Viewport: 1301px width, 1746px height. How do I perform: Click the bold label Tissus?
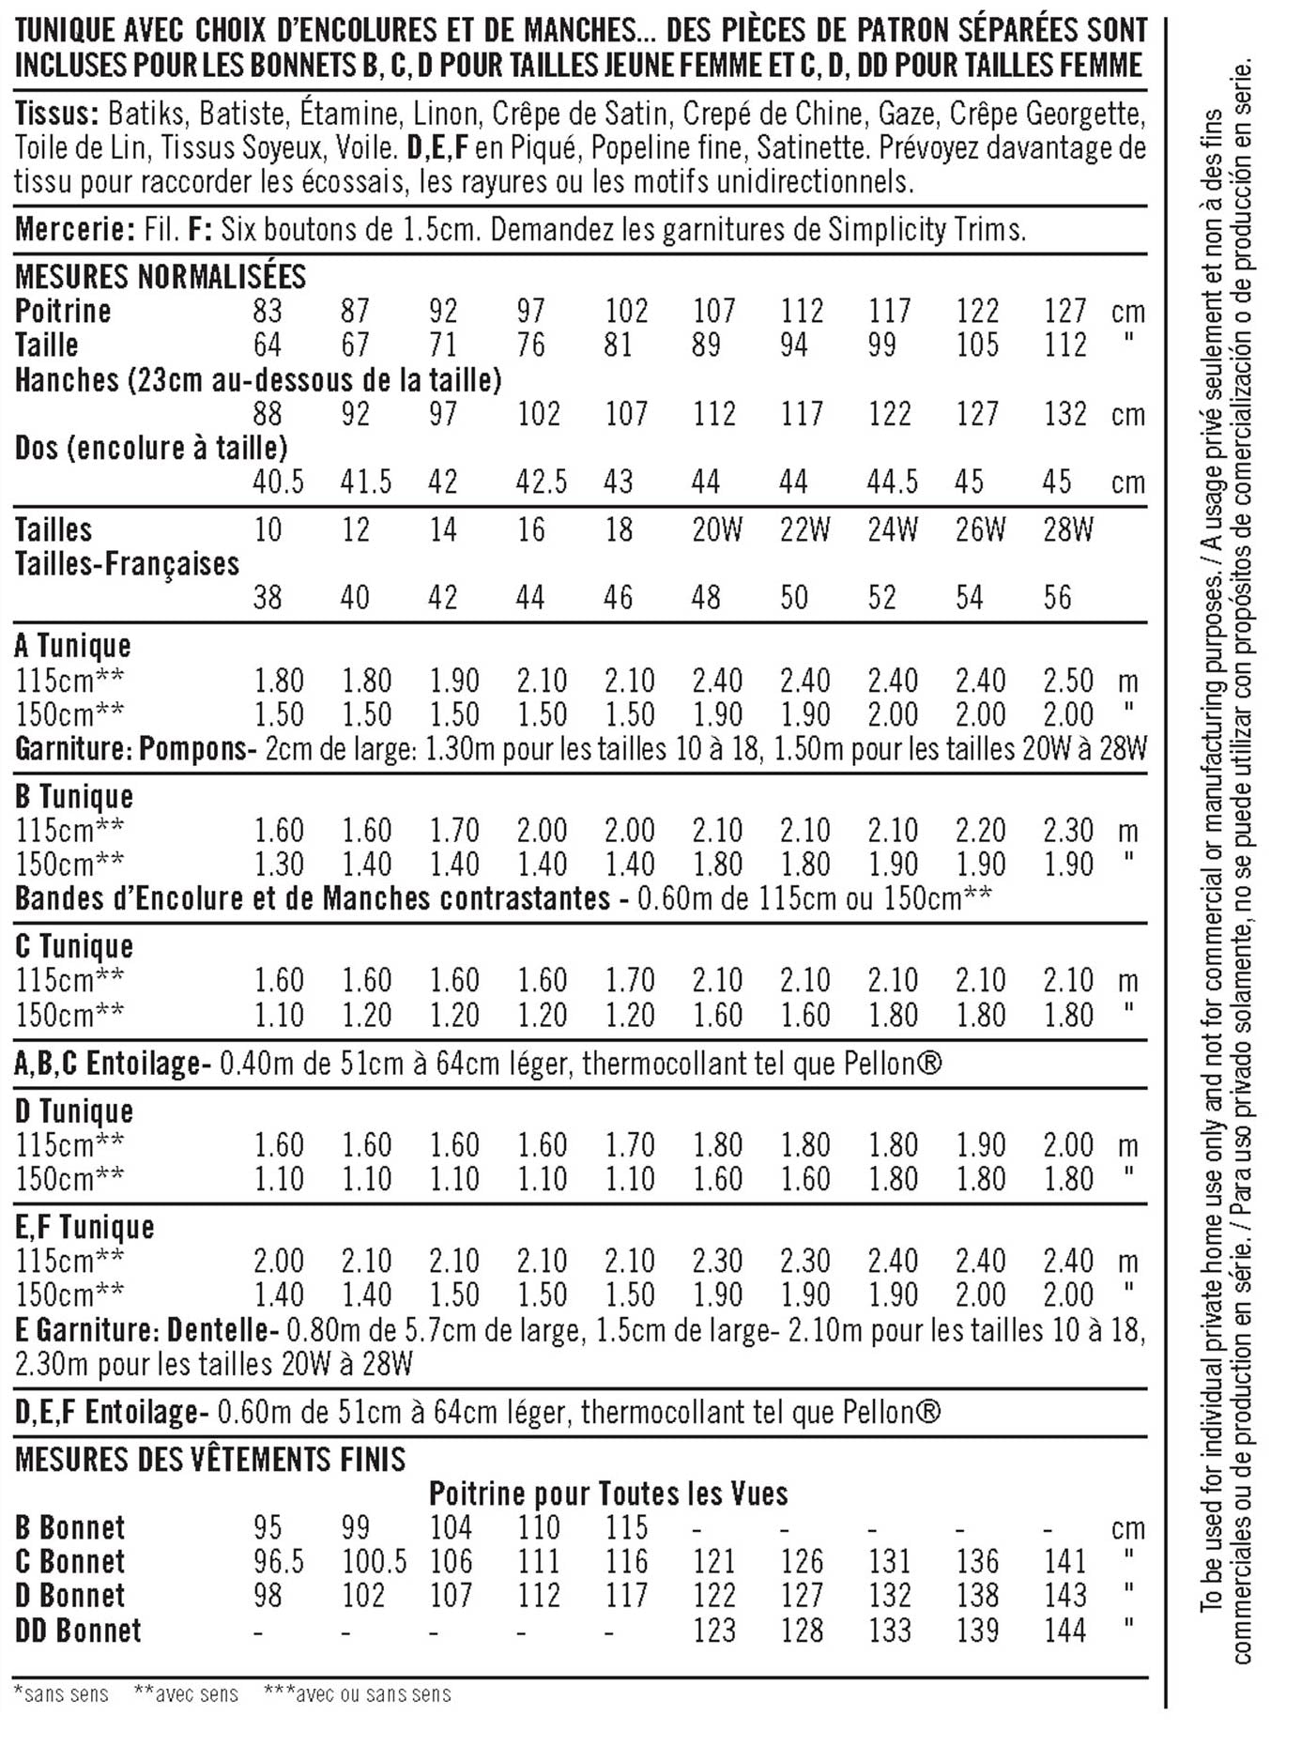point(56,115)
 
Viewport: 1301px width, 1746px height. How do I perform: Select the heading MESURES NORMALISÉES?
point(161,277)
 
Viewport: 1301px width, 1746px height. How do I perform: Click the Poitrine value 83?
point(268,311)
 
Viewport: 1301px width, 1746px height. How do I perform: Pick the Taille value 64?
point(268,345)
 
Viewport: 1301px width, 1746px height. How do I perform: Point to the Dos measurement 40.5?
point(278,482)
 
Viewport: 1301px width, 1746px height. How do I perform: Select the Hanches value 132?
point(1065,414)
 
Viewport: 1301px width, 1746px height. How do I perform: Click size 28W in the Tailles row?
point(1068,530)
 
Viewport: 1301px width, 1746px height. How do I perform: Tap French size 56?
point(1057,598)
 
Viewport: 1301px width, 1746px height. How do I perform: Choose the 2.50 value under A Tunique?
point(1068,681)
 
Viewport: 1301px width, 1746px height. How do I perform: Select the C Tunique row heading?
point(74,946)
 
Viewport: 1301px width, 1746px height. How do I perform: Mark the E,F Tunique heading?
point(84,1227)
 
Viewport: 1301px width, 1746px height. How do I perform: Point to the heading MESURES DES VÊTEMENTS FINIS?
point(210,1460)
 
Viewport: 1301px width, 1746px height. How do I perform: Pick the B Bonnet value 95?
point(268,1527)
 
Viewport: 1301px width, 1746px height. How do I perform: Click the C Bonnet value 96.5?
point(278,1562)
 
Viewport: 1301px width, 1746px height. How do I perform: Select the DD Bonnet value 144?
point(1065,1631)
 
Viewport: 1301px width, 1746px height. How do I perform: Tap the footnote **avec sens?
point(186,1694)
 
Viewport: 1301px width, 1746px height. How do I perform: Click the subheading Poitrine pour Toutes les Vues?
point(608,1493)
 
